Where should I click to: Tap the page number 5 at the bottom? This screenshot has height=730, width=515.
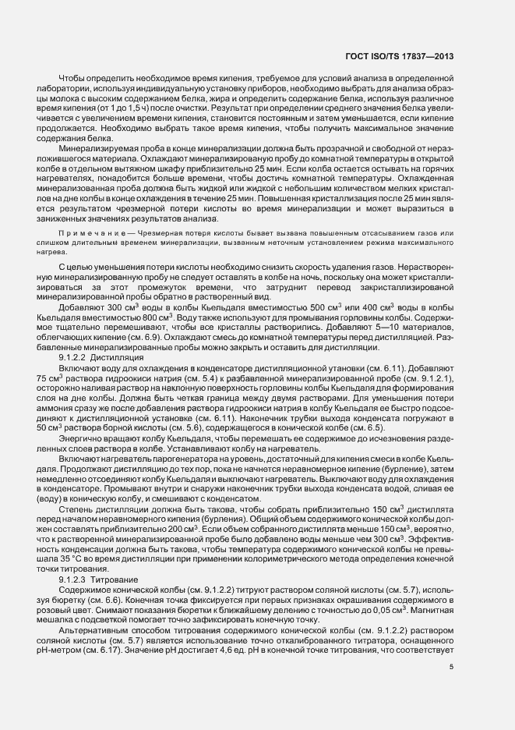[x=451, y=665]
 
